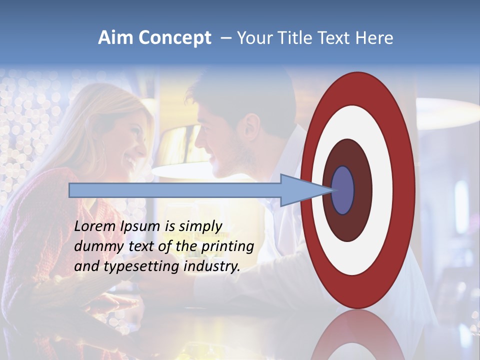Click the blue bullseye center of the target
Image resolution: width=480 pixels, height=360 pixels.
[343, 190]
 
